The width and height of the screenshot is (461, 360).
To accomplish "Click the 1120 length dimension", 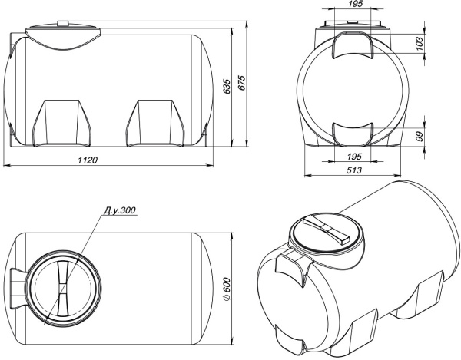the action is pyautogui.click(x=88, y=160).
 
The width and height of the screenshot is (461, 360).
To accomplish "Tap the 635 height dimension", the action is pyautogui.click(x=227, y=86).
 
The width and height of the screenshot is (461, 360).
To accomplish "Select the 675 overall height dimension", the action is pyautogui.click(x=241, y=83).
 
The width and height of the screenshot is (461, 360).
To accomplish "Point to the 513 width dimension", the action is pyautogui.click(x=353, y=170).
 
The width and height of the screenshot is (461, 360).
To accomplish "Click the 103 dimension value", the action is pyautogui.click(x=420, y=44).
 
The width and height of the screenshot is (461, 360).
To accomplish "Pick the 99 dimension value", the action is pyautogui.click(x=420, y=137).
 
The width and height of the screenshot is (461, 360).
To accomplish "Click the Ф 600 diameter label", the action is pyautogui.click(x=227, y=289).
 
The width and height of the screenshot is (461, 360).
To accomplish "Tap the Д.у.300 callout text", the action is pyautogui.click(x=119, y=210).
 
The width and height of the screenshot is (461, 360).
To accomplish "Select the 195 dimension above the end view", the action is pyautogui.click(x=355, y=4).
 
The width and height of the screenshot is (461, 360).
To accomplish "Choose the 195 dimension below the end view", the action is pyautogui.click(x=354, y=157).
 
